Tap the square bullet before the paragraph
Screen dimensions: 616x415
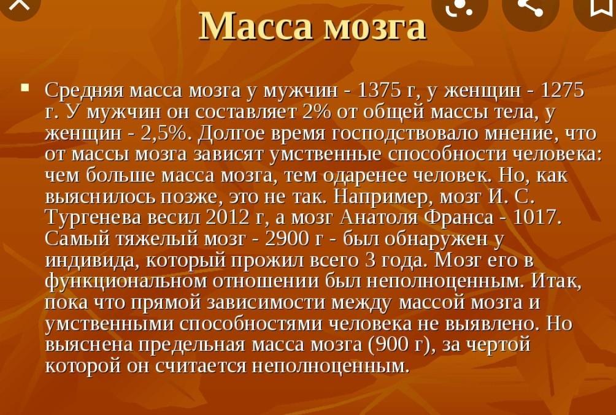pos(26,87)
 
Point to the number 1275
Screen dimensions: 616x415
pos(563,91)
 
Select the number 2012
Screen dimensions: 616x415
pos(228,217)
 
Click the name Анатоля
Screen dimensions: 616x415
pos(379,218)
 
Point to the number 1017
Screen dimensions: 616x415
pos(537,217)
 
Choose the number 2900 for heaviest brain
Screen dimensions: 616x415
pos(287,238)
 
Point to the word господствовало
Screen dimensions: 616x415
pos(405,134)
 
